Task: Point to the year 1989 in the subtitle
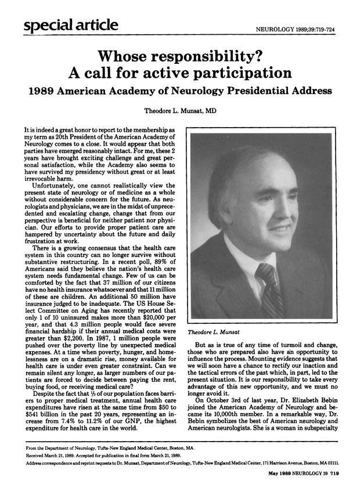(x=40, y=91)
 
